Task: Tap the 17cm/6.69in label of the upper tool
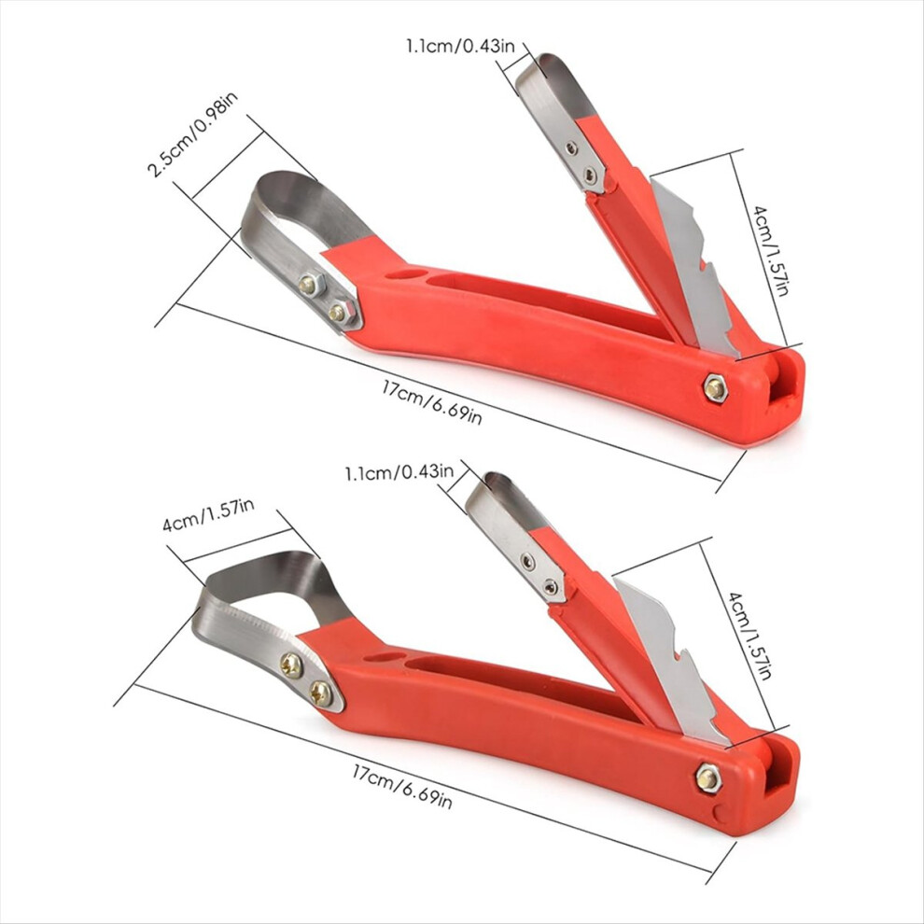pos(432,402)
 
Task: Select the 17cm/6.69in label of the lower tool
pos(402,787)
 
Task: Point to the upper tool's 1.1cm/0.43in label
pos(460,46)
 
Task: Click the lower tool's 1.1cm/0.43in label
pos(399,472)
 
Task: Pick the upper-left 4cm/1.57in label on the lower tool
pos(208,515)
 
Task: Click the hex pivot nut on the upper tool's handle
pos(715,388)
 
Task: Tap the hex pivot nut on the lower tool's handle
pos(707,779)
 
